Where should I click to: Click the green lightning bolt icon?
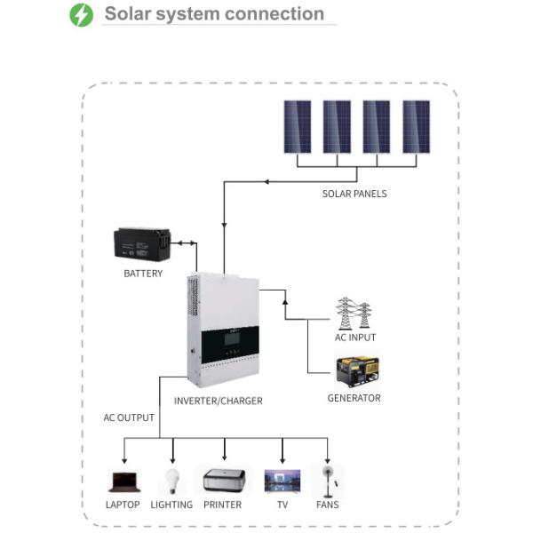[81, 15]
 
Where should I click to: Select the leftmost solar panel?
[297, 126]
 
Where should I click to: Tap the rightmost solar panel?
[416, 126]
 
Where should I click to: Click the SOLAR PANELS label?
[354, 194]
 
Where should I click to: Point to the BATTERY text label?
[143, 274]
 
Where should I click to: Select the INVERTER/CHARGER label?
[219, 401]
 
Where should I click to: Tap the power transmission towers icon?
[354, 314]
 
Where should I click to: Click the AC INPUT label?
[354, 338]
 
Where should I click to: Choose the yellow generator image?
[355, 371]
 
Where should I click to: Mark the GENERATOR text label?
[354, 398]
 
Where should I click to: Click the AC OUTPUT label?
[129, 418]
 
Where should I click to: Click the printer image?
[222, 481]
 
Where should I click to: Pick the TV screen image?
[282, 481]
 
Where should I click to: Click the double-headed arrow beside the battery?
[184, 242]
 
